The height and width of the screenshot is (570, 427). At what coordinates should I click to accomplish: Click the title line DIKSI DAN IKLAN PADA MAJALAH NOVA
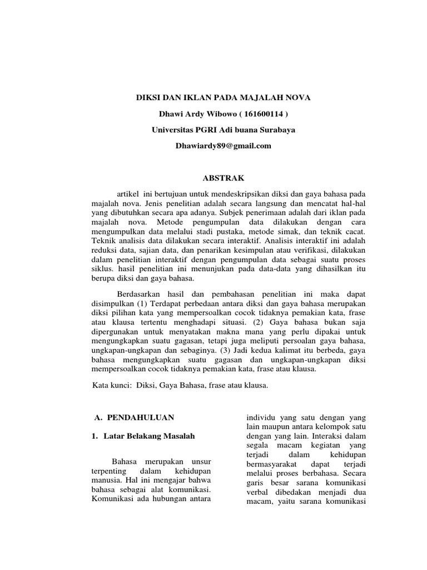pyautogui.click(x=224, y=98)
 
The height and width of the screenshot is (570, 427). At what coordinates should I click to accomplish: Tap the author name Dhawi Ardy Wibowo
pyautogui.click(x=192, y=114)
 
